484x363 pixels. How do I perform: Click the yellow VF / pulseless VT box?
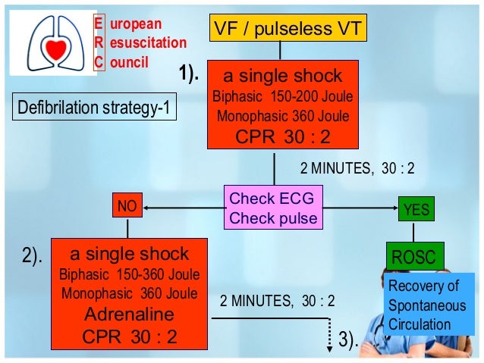click(x=280, y=29)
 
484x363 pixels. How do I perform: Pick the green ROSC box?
click(x=413, y=257)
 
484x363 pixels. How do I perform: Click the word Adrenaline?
click(x=128, y=314)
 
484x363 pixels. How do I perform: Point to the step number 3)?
click(x=348, y=340)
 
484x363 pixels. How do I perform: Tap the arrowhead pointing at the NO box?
click(x=147, y=206)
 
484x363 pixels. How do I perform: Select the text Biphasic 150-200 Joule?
click(x=282, y=99)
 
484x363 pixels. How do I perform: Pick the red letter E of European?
click(x=97, y=23)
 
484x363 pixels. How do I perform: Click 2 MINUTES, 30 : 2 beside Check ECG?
click(x=357, y=168)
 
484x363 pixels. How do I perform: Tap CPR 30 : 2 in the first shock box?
click(x=282, y=136)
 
